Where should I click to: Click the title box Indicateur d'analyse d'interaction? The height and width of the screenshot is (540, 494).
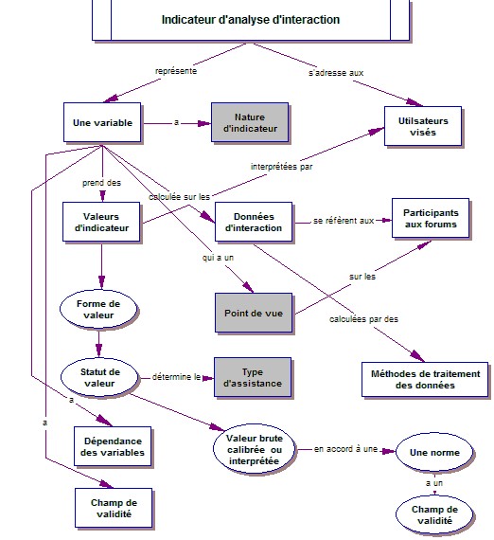click(251, 20)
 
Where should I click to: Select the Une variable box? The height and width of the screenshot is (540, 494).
click(102, 122)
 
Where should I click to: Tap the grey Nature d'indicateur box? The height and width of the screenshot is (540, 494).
click(250, 122)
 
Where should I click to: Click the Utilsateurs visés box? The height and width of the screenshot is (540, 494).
click(423, 126)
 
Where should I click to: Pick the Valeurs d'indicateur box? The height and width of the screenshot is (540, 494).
click(101, 222)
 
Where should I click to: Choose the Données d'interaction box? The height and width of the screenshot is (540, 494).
click(254, 222)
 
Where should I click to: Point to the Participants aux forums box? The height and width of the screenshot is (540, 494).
click(431, 218)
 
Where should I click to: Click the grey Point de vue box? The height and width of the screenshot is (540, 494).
click(254, 313)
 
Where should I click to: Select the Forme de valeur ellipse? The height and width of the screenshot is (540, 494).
click(98, 309)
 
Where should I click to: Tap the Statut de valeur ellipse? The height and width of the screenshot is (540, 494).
click(99, 377)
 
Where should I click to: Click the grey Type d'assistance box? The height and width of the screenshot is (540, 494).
click(253, 377)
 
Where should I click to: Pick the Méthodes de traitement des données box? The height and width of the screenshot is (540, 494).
click(425, 380)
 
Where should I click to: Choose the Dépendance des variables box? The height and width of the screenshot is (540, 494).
click(113, 446)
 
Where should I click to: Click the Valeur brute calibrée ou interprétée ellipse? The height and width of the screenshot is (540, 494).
click(255, 449)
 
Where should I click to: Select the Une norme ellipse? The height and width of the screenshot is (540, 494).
click(434, 452)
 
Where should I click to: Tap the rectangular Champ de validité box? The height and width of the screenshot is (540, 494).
click(114, 508)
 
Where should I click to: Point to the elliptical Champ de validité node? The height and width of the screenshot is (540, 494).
click(434, 514)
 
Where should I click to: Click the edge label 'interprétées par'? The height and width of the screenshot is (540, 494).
click(281, 167)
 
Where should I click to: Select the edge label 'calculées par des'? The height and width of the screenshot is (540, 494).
click(363, 319)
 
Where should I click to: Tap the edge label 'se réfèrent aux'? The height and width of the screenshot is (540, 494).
click(344, 221)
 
